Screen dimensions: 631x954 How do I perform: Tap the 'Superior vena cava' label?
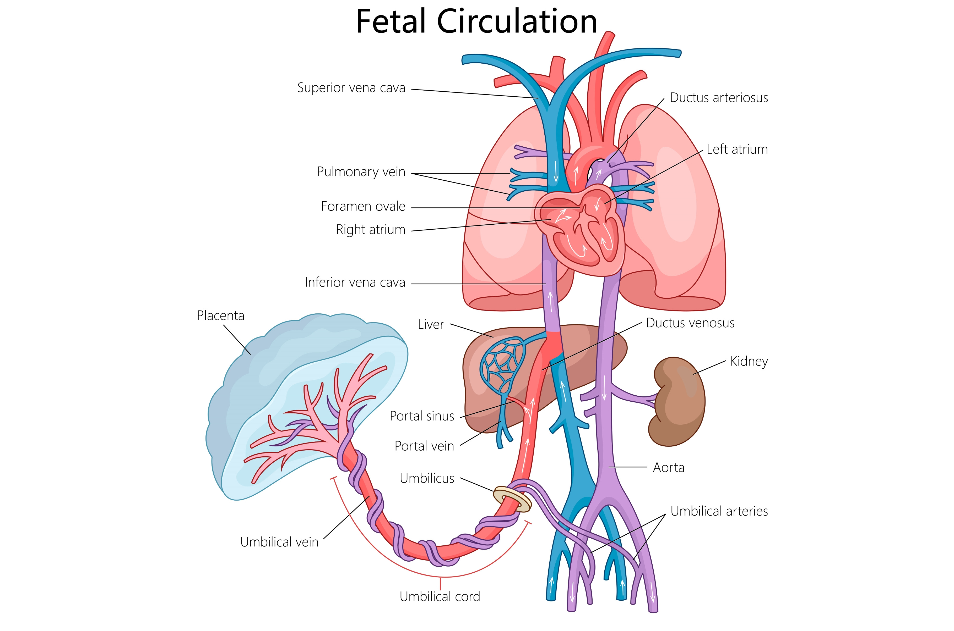(351, 88)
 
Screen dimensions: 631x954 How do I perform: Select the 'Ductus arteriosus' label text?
(719, 98)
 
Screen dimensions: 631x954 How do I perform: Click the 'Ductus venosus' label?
(690, 323)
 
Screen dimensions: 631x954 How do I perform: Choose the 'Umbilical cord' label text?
(440, 596)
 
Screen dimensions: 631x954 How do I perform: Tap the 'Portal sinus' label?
(422, 416)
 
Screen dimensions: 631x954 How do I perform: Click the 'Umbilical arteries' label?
(719, 511)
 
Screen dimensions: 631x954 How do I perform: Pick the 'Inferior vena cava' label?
(355, 283)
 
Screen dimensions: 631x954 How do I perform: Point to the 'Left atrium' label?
(737, 149)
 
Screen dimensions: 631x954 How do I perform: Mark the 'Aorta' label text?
(669, 468)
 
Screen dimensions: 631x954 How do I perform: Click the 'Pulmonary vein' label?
(361, 172)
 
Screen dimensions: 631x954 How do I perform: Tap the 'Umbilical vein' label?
(279, 542)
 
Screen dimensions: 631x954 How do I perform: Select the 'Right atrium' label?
(371, 230)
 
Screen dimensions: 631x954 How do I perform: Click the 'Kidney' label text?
(749, 361)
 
